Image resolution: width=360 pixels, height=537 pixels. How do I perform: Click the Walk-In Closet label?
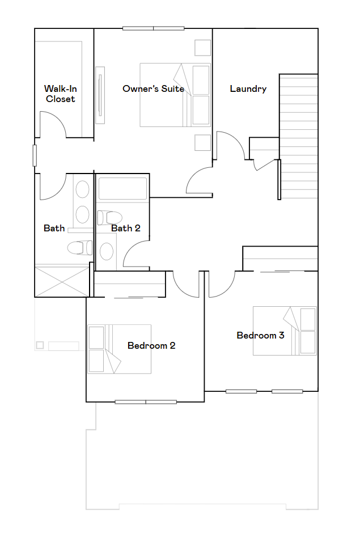click(x=60, y=94)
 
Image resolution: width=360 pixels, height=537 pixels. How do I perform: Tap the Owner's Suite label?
click(x=153, y=88)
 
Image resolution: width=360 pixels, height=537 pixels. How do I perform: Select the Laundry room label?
click(x=248, y=88)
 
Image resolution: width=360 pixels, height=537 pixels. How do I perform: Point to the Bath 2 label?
click(x=125, y=228)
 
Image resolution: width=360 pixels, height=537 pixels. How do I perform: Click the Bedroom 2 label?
click(x=151, y=345)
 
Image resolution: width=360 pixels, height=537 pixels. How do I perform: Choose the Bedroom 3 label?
click(x=260, y=335)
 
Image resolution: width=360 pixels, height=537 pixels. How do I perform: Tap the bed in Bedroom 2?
click(x=119, y=349)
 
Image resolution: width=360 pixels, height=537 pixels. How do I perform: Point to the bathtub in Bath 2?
click(x=122, y=189)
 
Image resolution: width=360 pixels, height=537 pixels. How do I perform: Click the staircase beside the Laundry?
click(x=298, y=136)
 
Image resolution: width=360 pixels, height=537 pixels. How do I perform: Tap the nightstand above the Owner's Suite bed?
click(x=202, y=48)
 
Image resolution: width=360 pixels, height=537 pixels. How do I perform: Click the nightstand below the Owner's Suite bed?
click(x=202, y=142)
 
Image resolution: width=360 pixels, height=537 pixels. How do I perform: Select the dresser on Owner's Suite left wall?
click(x=100, y=95)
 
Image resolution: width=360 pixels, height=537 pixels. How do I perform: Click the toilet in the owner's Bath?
click(x=80, y=247)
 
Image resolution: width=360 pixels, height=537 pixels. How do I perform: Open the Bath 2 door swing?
click(x=136, y=255)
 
